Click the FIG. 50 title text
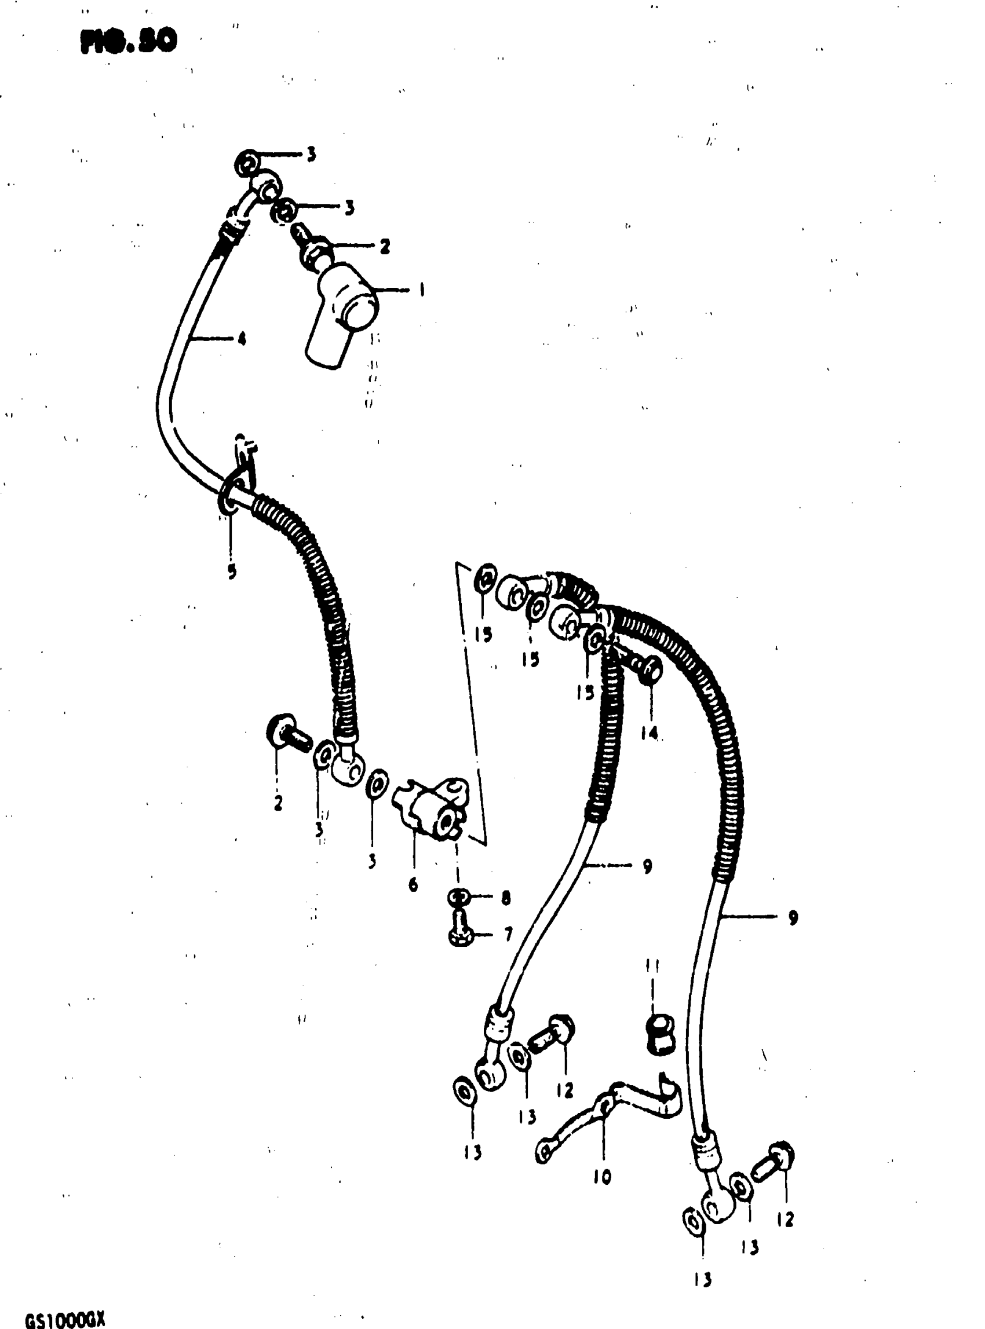pyautogui.click(x=128, y=41)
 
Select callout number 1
pyautogui.click(x=421, y=290)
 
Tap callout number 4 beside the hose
pyautogui.click(x=242, y=339)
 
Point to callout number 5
pyautogui.click(x=231, y=571)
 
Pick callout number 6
pyautogui.click(x=413, y=885)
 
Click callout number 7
pyautogui.click(x=508, y=934)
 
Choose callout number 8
pyautogui.click(x=506, y=898)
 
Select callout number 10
pyautogui.click(x=602, y=1177)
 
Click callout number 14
pyautogui.click(x=650, y=733)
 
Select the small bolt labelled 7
pyautogui.click(x=460, y=932)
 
